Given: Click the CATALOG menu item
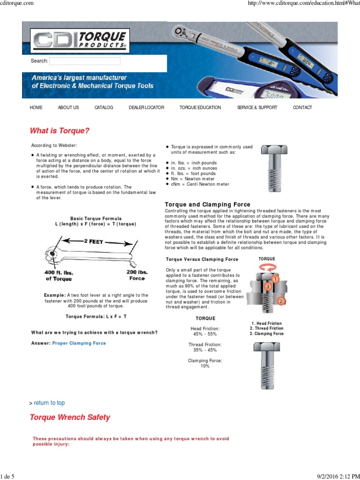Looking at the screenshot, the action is click(x=104, y=107).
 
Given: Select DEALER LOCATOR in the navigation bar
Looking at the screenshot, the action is click(x=146, y=107).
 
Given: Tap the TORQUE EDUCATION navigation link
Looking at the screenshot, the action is click(x=200, y=107).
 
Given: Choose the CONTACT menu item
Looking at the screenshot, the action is click(x=302, y=107).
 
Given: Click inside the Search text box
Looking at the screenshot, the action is click(x=85, y=61).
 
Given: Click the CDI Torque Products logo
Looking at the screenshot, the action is click(x=80, y=41).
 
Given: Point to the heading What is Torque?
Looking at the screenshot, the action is click(x=60, y=131).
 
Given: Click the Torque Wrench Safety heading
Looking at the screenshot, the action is click(x=70, y=417).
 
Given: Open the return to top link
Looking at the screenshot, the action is click(x=49, y=403).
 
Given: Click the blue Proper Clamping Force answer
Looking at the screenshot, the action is click(x=79, y=343).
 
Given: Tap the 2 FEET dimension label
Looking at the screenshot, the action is click(x=94, y=241).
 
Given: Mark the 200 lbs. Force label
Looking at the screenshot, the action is click(x=137, y=275).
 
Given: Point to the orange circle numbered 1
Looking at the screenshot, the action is click(x=275, y=279).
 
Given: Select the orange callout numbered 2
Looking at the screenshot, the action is click(x=281, y=301).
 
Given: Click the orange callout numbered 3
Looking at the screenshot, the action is click(x=268, y=286).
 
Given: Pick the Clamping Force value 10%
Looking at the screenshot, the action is click(x=205, y=366).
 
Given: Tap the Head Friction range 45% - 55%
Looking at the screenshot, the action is click(x=205, y=334).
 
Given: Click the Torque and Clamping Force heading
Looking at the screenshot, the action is click(x=208, y=204).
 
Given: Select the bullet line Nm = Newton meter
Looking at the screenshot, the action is click(x=193, y=179).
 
